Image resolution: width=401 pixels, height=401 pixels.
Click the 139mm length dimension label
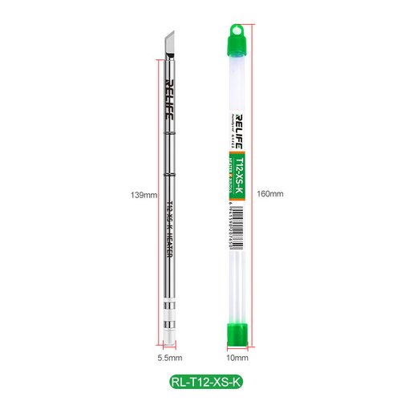click(143, 194)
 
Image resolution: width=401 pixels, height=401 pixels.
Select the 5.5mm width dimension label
click(169, 358)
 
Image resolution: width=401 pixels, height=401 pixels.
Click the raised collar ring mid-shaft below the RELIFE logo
click(170, 174)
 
